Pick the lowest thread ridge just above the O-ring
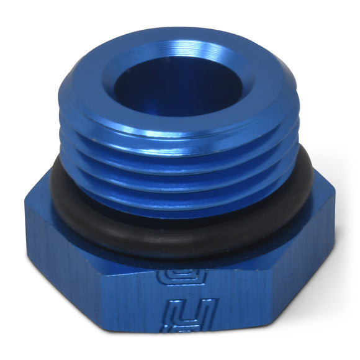(x=180, y=205)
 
